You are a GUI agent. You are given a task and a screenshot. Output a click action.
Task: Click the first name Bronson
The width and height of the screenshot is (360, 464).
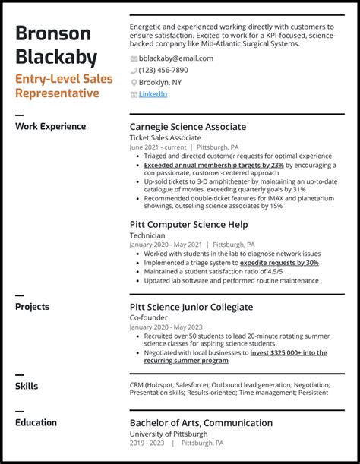(x=53, y=33)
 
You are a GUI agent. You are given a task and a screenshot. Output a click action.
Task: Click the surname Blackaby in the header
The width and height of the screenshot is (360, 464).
(x=58, y=57)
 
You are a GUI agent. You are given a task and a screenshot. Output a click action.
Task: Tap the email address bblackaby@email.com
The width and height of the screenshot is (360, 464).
(x=176, y=58)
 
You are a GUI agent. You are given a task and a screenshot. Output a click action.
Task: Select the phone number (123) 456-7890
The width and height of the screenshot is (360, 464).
(x=163, y=71)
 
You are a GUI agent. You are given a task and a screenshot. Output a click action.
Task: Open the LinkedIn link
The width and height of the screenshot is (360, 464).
(x=153, y=94)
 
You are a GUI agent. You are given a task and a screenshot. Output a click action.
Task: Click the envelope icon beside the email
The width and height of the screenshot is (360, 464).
(x=134, y=59)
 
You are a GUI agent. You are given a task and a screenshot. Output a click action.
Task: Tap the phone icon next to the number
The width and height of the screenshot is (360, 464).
(x=134, y=71)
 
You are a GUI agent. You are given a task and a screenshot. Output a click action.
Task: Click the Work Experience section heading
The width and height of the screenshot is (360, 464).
(x=50, y=127)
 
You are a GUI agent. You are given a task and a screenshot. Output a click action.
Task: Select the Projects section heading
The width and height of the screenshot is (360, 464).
(x=33, y=307)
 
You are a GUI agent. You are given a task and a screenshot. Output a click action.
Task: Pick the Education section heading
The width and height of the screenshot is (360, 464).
(x=36, y=423)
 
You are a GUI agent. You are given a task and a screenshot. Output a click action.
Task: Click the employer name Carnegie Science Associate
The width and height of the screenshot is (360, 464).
(x=188, y=127)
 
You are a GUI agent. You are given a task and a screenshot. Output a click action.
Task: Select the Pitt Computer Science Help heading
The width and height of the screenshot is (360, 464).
(x=189, y=224)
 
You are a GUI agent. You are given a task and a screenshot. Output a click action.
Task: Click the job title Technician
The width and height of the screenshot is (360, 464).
(x=147, y=235)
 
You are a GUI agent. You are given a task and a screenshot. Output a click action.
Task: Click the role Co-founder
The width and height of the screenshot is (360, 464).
(x=149, y=318)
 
